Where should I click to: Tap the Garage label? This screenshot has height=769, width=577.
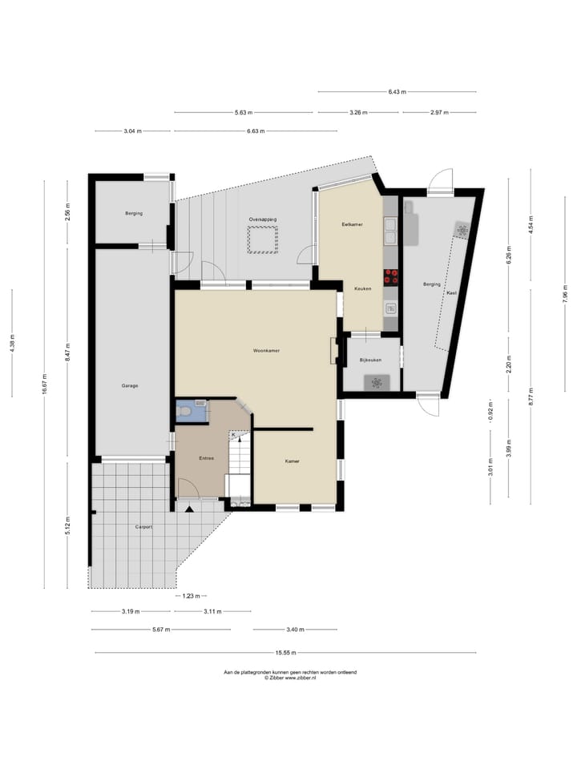pos(130,386)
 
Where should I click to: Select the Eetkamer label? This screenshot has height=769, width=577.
pos(352,224)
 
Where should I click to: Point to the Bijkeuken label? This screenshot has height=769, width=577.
pos(370,360)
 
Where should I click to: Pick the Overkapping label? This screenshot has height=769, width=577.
pos(262,219)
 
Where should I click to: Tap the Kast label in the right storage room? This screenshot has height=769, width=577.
pos(451,292)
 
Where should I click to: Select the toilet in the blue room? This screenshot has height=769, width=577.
pos(186,412)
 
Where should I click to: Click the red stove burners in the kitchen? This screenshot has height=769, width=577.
pos(392,276)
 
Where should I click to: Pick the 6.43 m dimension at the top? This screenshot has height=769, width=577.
pos(397,92)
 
